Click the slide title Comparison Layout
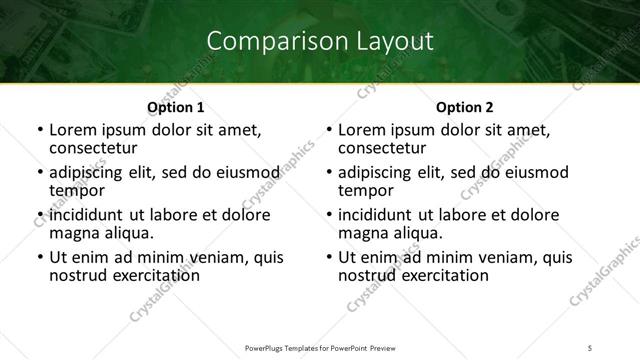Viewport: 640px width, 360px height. [320, 41]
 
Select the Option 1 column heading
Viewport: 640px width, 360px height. [176, 107]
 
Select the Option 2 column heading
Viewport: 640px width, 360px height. [465, 107]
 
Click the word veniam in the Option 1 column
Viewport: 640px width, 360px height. [221, 257]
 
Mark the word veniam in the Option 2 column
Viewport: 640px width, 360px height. [510, 257]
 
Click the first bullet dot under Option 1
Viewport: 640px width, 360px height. [39, 130]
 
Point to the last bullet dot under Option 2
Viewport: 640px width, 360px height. [328, 257]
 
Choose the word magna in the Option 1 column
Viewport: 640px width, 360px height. [73, 233]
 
